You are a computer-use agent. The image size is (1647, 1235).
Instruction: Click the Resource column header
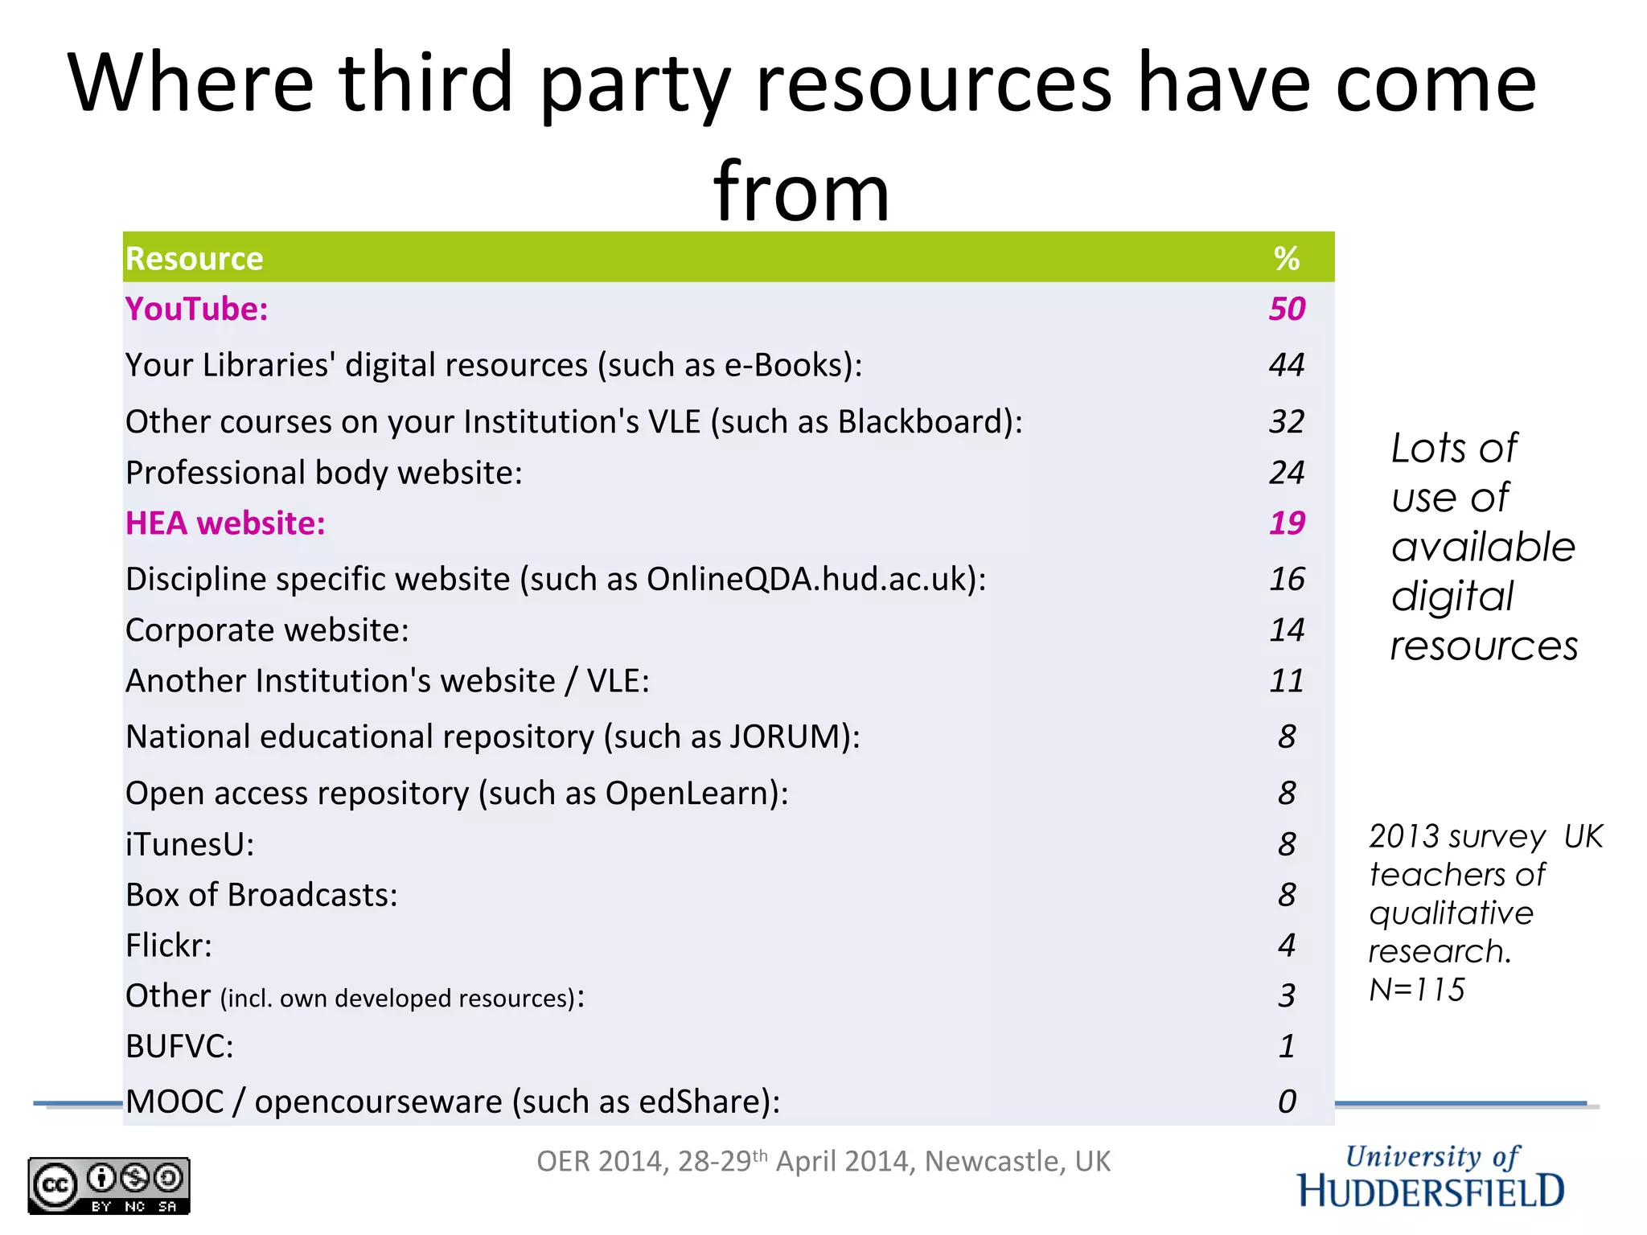pos(195,259)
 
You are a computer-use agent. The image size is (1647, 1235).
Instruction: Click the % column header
pos(1287,259)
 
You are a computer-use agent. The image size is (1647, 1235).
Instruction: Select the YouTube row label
pos(197,310)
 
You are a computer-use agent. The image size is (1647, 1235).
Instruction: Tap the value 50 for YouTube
pos(1287,310)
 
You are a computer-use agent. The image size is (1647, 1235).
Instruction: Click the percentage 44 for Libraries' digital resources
pos(1287,365)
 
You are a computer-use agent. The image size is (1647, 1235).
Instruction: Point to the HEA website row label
pos(225,523)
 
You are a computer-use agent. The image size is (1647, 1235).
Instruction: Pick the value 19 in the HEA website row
pos(1287,523)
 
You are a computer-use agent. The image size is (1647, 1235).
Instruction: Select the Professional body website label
pos(324,473)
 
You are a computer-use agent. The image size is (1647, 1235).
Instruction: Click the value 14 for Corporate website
pos(1287,630)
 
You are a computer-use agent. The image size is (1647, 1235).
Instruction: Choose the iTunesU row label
pos(190,844)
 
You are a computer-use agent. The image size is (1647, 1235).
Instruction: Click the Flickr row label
pos(169,946)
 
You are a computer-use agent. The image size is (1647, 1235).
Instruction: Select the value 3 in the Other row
pos(1287,996)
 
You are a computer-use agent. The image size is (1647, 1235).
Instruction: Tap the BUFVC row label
pos(179,1047)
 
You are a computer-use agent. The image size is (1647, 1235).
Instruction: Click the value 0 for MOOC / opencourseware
pos(1287,1102)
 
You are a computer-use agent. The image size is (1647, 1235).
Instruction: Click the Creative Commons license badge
pos(109,1185)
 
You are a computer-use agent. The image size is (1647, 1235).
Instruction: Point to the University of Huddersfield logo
pos(1431,1176)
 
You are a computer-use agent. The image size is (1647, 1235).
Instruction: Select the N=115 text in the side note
pos(1417,990)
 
